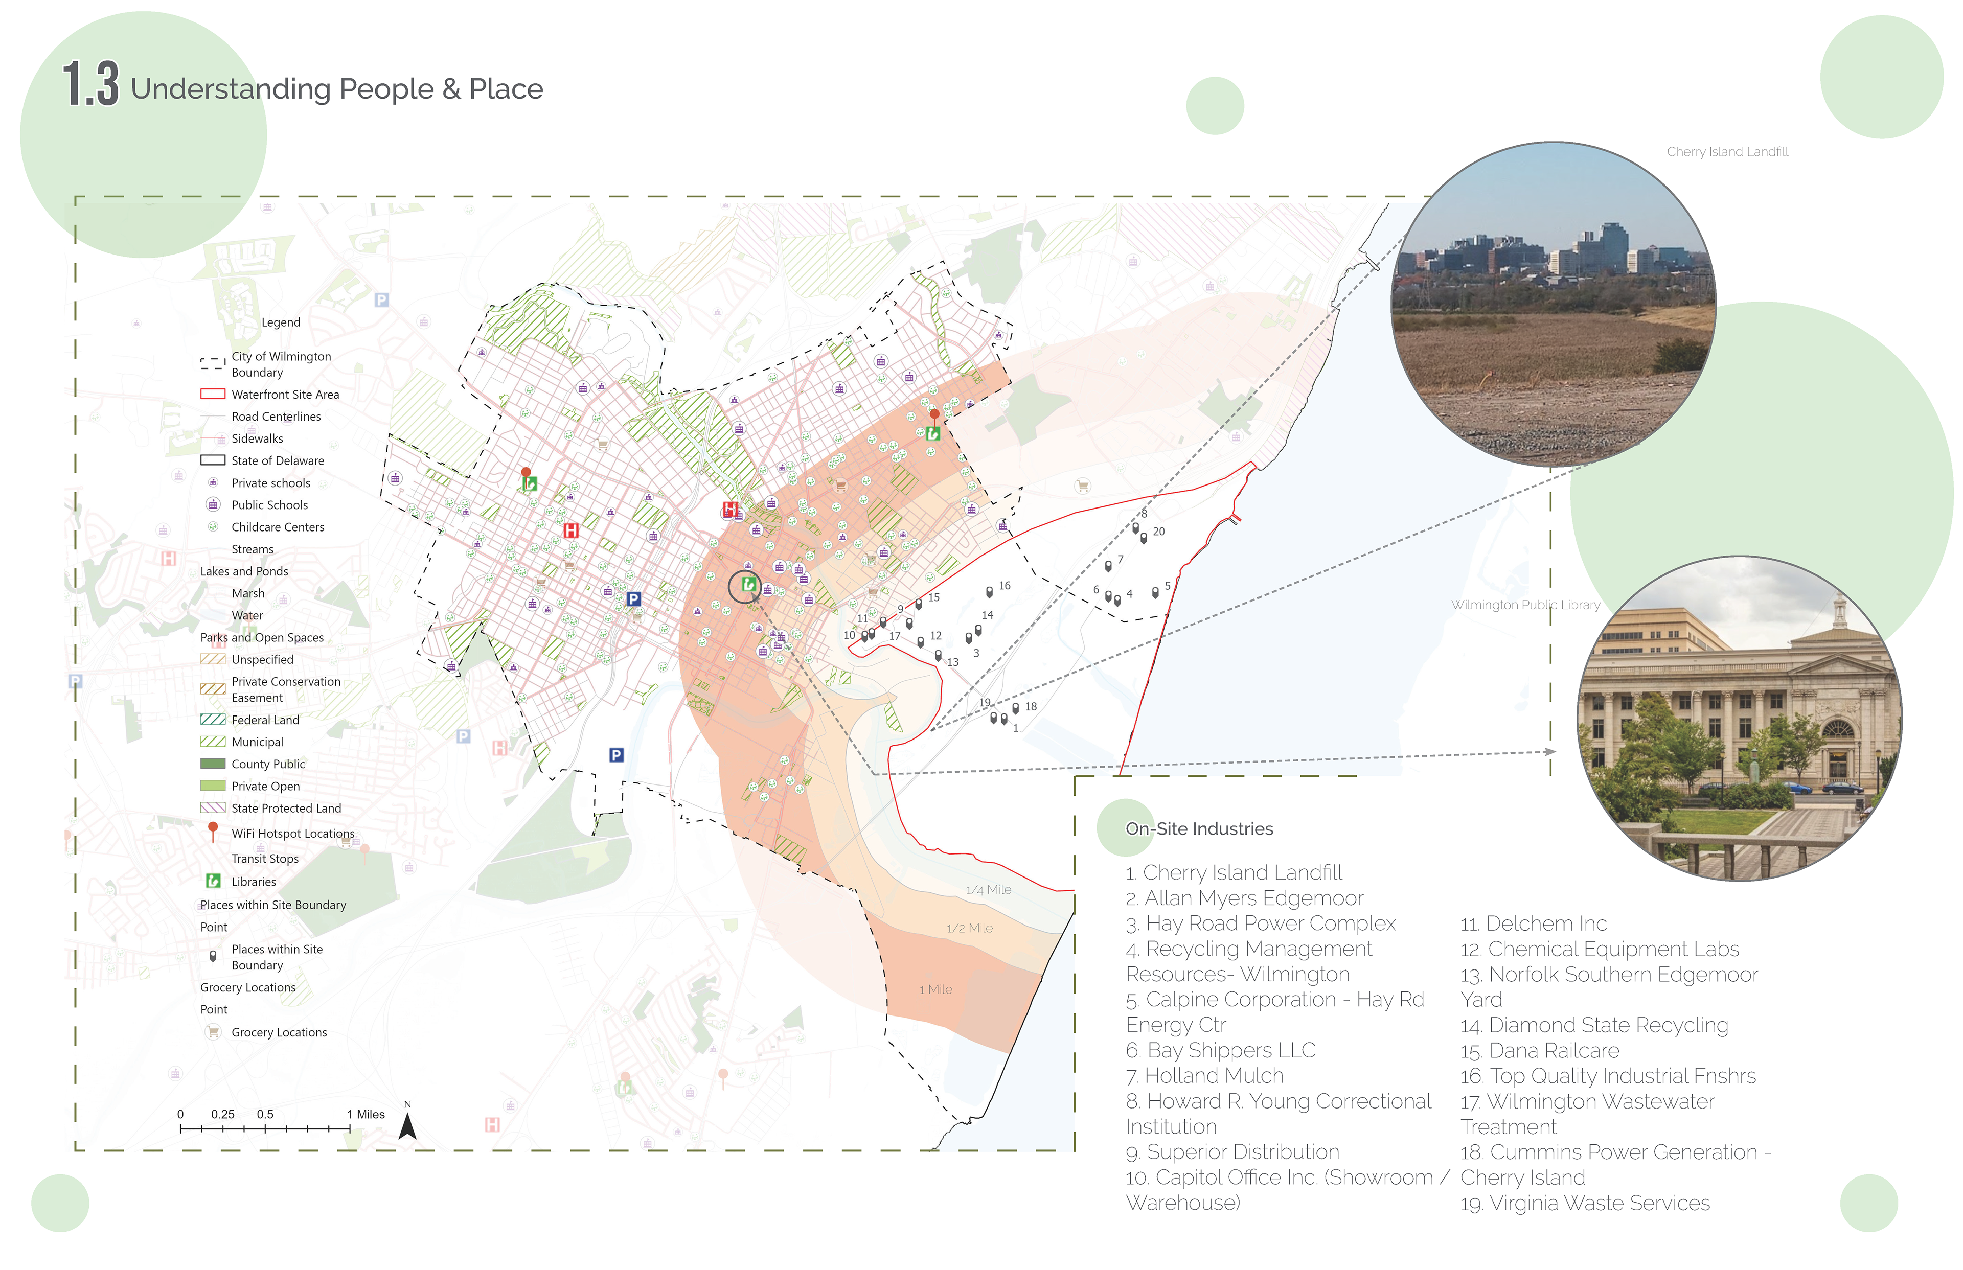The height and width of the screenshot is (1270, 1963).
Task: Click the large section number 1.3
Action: (x=90, y=84)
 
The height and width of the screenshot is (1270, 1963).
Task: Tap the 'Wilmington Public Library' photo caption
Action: (x=1525, y=605)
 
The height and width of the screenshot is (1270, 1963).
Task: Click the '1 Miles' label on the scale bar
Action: (x=366, y=1114)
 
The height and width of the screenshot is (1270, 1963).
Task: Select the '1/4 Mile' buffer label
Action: (x=988, y=890)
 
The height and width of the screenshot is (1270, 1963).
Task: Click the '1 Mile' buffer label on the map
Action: (x=935, y=989)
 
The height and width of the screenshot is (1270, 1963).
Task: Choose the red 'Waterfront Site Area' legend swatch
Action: (x=213, y=394)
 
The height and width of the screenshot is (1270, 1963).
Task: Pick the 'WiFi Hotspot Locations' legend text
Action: (x=293, y=834)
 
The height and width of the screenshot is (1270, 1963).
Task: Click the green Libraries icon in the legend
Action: (x=213, y=881)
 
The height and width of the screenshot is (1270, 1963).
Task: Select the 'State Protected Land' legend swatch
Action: (x=213, y=808)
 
